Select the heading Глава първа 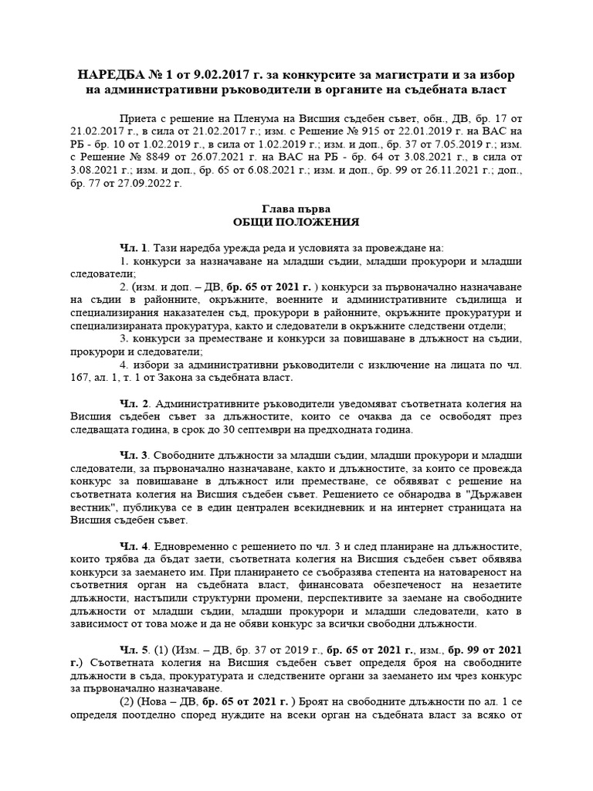click(296, 209)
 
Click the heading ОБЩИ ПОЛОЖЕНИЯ click(296, 222)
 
